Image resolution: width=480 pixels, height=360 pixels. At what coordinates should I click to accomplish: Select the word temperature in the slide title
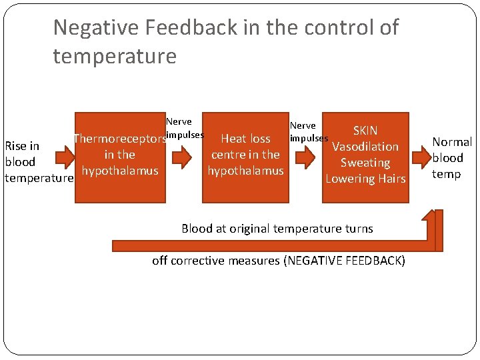(x=115, y=56)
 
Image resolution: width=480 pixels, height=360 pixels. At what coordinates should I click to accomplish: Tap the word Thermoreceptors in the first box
(x=119, y=139)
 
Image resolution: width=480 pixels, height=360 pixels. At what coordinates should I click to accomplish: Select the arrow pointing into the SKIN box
(x=304, y=158)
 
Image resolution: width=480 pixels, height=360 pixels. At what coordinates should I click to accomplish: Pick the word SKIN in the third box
(x=365, y=131)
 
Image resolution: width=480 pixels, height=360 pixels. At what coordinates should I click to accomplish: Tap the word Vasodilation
(x=365, y=147)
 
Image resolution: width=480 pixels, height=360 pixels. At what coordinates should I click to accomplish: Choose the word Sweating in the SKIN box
(x=365, y=163)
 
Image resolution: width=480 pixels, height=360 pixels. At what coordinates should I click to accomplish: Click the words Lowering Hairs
(x=365, y=179)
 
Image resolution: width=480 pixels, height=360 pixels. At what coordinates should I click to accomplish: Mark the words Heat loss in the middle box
(x=245, y=139)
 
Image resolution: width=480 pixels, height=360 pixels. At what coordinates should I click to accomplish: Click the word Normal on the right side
(x=452, y=142)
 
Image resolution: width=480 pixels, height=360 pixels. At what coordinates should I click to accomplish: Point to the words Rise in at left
(x=22, y=146)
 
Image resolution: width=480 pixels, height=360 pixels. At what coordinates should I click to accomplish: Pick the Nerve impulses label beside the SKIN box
(x=307, y=132)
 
